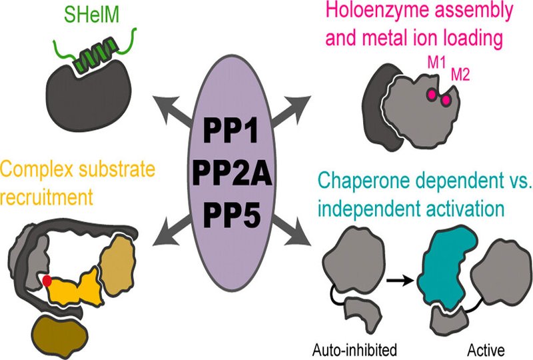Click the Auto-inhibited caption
[x=354, y=349]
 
